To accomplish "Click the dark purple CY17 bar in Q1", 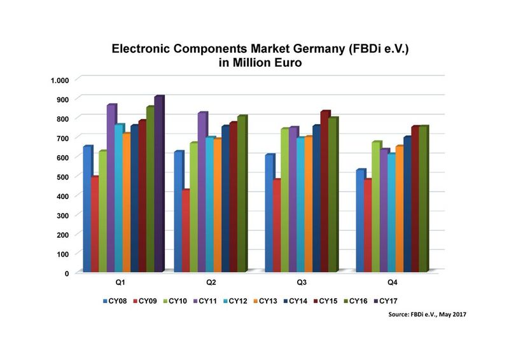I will point(158,184).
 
